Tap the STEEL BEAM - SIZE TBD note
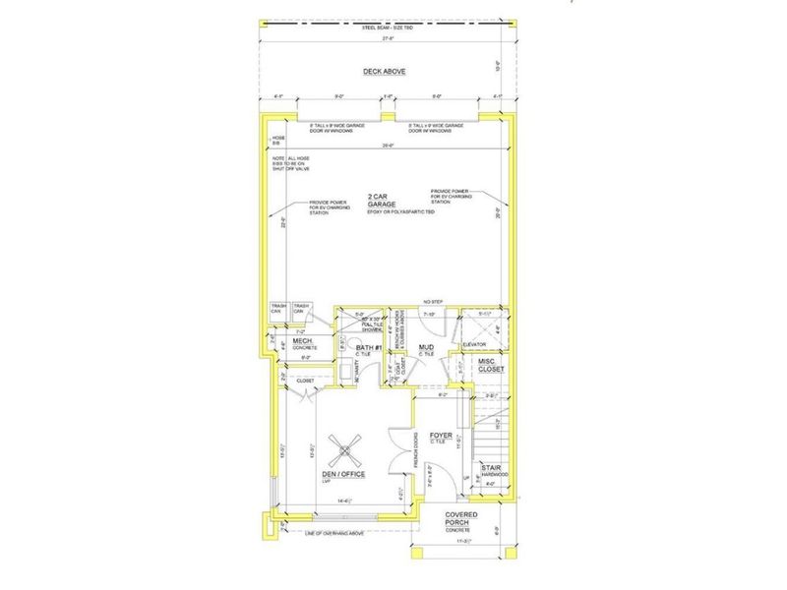[391, 29]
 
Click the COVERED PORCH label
[462, 520]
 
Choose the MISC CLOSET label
[491, 367]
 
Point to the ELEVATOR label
[489, 345]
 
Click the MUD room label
[426, 348]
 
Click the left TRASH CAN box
[279, 309]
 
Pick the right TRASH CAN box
[301, 309]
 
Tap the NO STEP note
[429, 302]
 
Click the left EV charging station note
[305, 206]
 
